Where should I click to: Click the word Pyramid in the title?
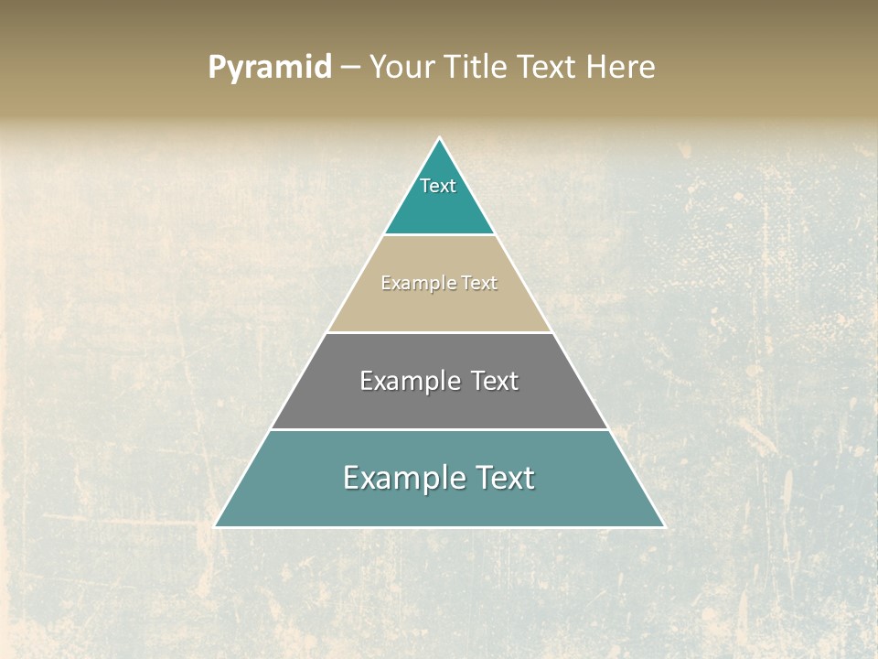[x=270, y=68]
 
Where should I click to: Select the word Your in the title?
[x=402, y=68]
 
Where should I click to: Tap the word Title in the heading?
[x=477, y=68]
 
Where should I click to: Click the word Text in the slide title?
[x=549, y=68]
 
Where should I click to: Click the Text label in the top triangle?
[x=438, y=186]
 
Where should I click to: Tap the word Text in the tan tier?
[x=479, y=284]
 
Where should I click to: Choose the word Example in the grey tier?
[x=409, y=381]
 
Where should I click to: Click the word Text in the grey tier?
[x=495, y=381]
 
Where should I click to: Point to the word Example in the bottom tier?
[x=400, y=478]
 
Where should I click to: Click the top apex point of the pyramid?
[x=440, y=138]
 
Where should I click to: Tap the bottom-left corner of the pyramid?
[x=216, y=526]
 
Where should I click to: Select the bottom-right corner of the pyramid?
[x=663, y=526]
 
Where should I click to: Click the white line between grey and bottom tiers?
[x=439, y=429]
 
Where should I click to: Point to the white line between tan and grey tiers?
[x=439, y=332]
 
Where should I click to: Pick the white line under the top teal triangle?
[x=439, y=235]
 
